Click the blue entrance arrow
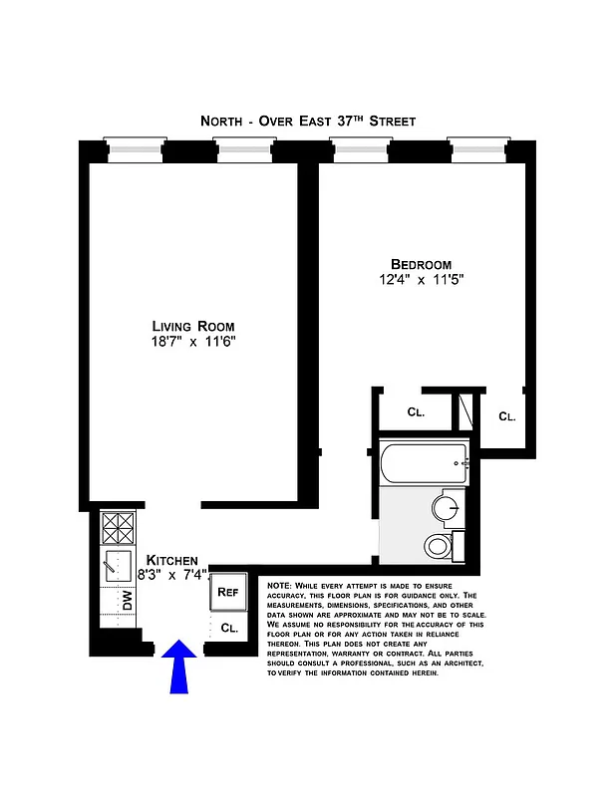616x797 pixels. [179, 666]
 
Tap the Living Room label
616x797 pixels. [193, 326]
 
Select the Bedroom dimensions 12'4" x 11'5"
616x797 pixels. [414, 280]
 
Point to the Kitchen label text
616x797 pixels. [171, 561]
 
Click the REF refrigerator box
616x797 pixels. [228, 592]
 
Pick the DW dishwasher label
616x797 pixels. [128, 600]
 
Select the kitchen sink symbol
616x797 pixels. [118, 565]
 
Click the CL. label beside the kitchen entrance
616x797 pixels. [229, 628]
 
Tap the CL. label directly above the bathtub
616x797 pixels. [416, 411]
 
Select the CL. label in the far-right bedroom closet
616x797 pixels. [507, 415]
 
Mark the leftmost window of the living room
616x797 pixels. [134, 149]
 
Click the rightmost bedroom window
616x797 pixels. [478, 149]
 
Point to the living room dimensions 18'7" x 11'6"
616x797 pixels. [193, 342]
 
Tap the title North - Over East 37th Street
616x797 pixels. [308, 121]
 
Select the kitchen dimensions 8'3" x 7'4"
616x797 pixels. [171, 575]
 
